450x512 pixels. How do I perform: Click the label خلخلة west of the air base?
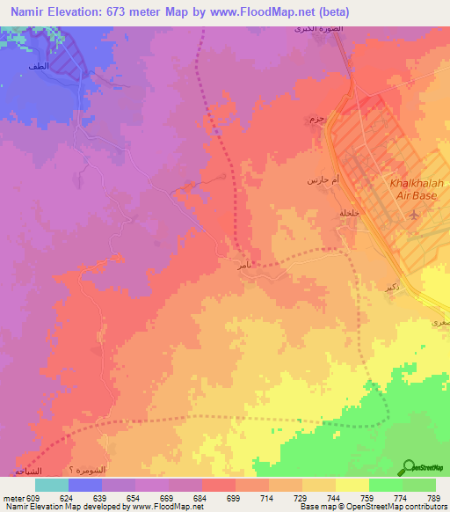[350, 211]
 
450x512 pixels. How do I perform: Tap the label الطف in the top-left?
[38, 67]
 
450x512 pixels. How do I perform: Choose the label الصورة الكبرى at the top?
[314, 30]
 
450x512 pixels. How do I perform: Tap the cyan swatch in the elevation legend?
[51, 485]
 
